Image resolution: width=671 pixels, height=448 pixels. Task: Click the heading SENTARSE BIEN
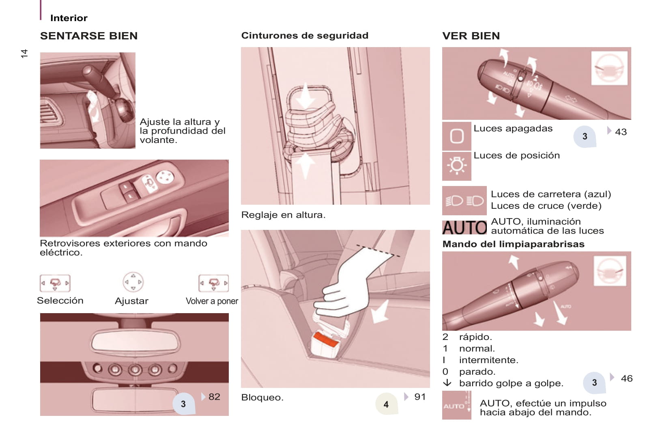[89, 36]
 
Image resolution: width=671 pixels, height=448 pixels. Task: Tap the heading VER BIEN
[471, 36]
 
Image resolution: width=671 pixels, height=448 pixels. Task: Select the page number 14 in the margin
[24, 53]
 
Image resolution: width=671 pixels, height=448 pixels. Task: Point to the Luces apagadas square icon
[456, 136]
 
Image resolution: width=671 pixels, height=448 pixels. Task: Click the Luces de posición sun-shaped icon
[456, 166]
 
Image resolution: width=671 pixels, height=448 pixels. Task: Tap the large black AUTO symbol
[465, 227]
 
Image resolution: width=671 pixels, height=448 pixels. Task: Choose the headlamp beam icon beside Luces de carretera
[465, 200]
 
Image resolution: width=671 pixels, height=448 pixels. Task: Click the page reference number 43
[621, 132]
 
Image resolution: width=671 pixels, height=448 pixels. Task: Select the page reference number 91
[420, 397]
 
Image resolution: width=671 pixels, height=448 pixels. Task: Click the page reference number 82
[214, 397]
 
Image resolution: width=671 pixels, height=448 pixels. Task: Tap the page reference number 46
[627, 379]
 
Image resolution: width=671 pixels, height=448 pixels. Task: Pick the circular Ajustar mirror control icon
[133, 282]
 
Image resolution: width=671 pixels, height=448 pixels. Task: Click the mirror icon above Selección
[55, 283]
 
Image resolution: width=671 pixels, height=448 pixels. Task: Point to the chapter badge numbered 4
[387, 404]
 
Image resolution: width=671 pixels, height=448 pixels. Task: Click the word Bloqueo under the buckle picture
[262, 397]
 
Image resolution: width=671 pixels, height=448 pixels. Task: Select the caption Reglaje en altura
[283, 215]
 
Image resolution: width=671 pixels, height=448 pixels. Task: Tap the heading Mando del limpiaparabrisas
[514, 244]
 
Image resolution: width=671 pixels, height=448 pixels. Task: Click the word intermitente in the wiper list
[488, 360]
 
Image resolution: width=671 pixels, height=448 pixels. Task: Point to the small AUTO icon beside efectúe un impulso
[456, 405]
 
